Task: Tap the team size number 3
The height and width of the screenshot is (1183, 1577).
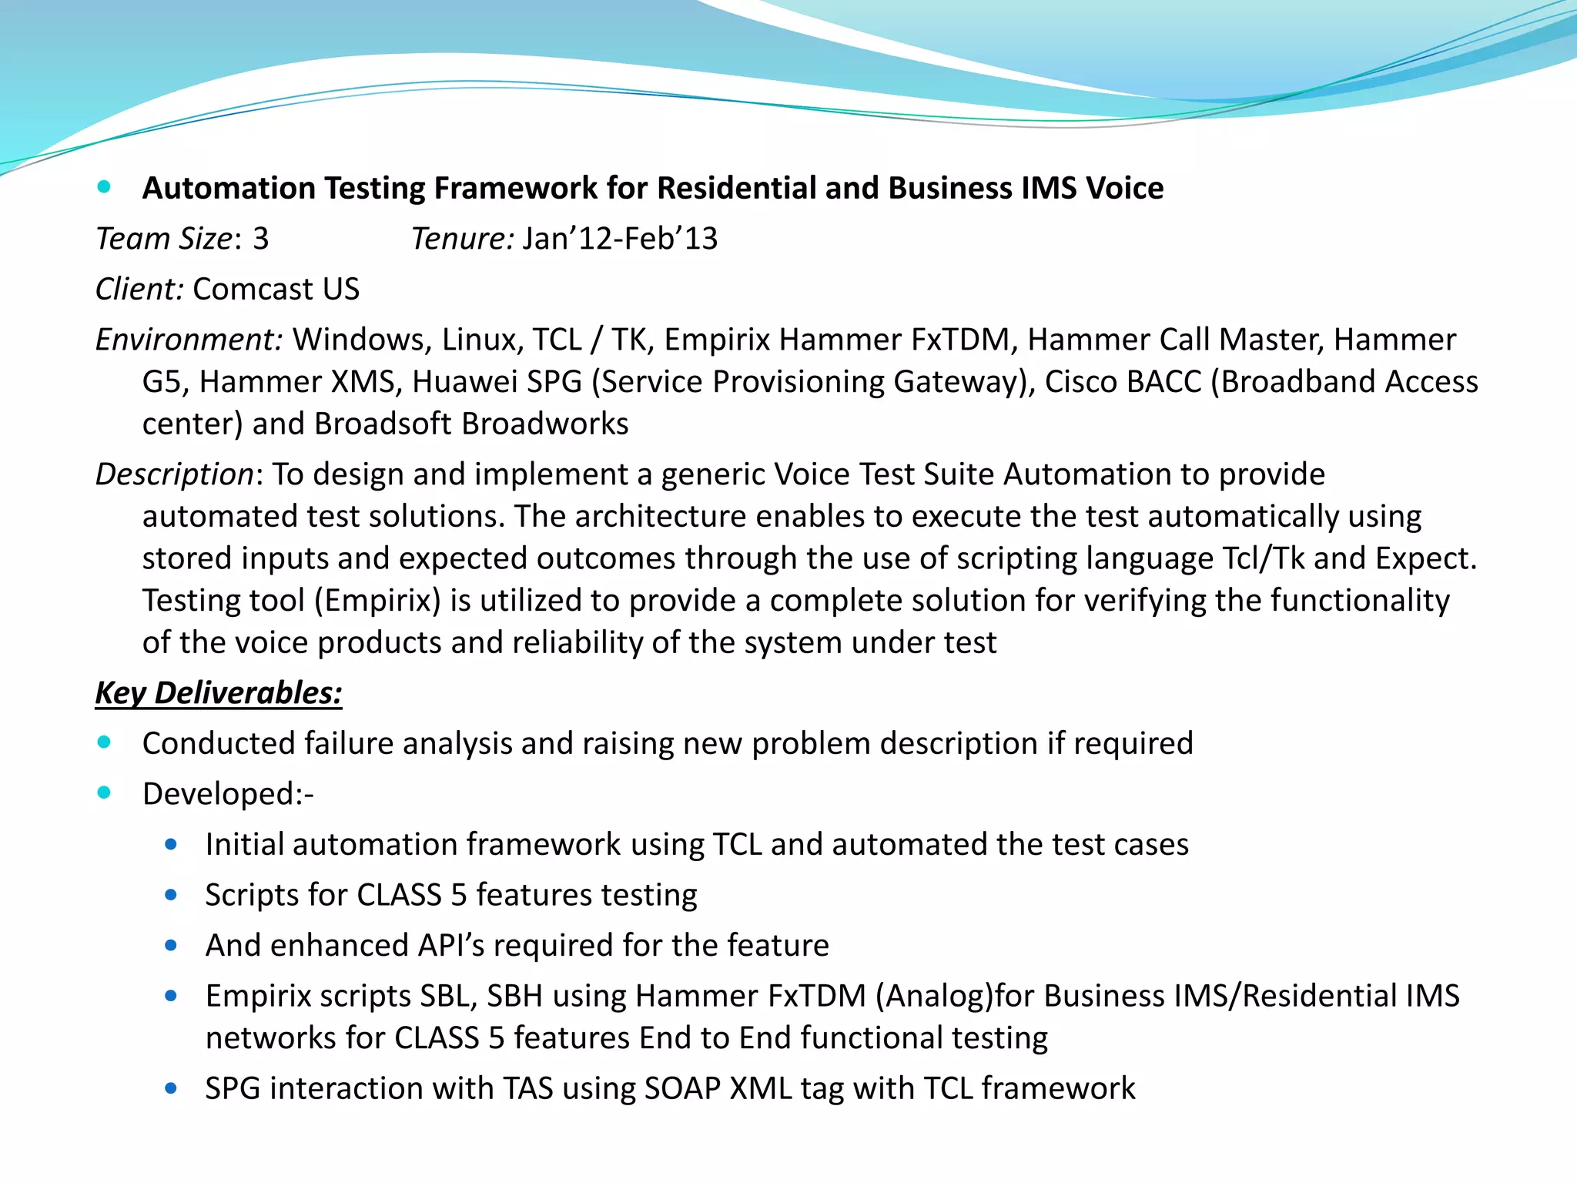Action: [261, 239]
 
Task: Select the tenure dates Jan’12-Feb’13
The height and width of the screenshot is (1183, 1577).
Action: [620, 239]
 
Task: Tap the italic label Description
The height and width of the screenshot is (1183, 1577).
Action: [174, 474]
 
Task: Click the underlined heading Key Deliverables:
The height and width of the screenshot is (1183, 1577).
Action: [219, 693]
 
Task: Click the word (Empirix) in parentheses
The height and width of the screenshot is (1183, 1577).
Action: [377, 601]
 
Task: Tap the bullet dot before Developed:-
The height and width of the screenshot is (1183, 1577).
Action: [104, 793]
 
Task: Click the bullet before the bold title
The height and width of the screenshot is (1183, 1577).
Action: [104, 186]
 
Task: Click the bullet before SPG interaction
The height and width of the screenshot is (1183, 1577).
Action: [171, 1088]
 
